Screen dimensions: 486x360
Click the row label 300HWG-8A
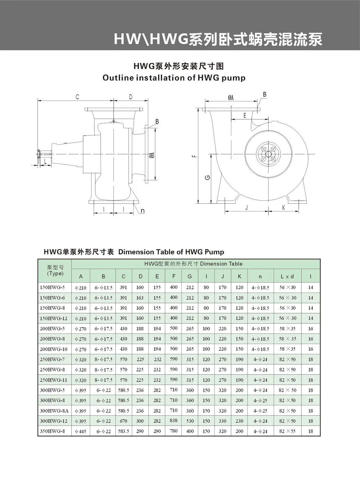[54, 410]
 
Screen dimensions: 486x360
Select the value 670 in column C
[123, 421]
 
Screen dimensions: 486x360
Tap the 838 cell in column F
[174, 421]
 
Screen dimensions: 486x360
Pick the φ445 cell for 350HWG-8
[81, 431]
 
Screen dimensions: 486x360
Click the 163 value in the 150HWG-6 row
[140, 298]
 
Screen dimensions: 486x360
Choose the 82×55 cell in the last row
[287, 431]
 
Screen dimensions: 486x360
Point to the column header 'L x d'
[287, 276]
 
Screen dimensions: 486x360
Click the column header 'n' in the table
[260, 276]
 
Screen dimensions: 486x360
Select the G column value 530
[190, 421]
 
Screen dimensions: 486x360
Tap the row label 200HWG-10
[54, 349]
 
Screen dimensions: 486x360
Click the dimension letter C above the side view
[77, 97]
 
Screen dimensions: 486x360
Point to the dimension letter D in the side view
[131, 97]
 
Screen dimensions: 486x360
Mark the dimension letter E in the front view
[244, 116]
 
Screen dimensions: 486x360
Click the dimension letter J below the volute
[246, 207]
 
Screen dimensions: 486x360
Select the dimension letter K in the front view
[284, 207]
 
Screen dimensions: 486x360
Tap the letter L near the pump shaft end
[45, 162]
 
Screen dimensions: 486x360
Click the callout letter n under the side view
[142, 211]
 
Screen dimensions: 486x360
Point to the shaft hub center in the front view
[268, 154]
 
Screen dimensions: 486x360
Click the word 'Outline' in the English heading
[118, 78]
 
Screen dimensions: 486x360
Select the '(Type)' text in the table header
[55, 273]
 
